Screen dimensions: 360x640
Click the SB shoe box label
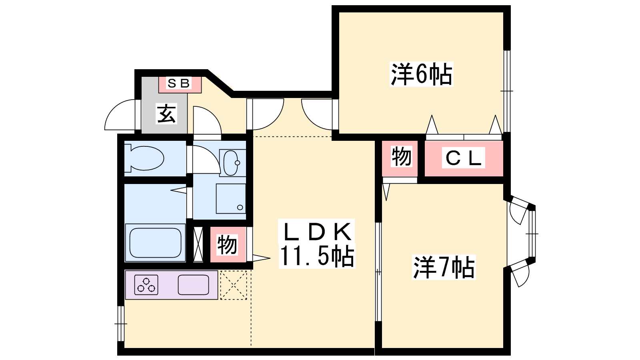179,84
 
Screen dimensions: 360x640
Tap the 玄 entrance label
166,114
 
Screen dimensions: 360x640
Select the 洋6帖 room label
421,74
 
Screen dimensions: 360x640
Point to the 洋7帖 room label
444,267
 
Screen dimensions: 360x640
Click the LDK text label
317,232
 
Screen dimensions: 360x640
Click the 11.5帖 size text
317,256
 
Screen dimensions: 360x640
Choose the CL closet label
464,158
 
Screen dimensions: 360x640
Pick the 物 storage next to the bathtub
227,244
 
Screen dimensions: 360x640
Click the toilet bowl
146,158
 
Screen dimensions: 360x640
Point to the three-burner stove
146,285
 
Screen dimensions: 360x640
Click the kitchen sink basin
194,285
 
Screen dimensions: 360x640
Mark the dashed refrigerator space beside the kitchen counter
234,285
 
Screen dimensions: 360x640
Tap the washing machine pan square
231,199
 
